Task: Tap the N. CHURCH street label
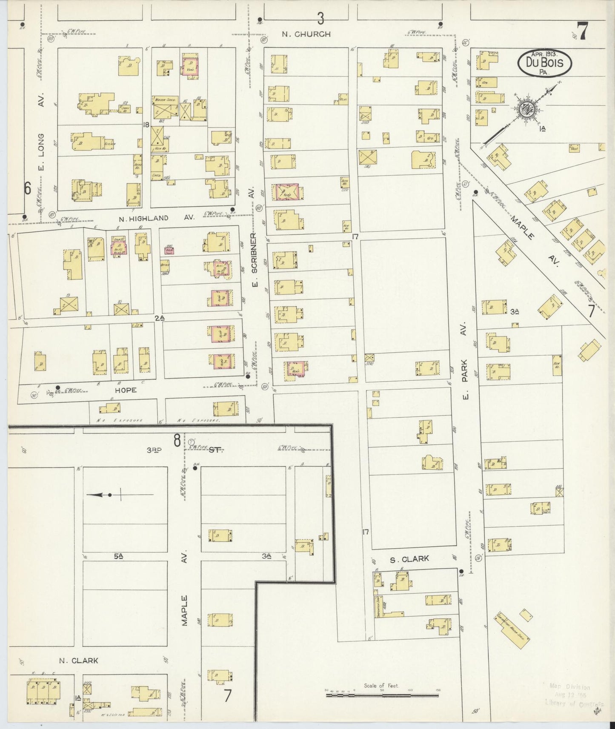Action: click(306, 34)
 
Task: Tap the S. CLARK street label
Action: click(409, 559)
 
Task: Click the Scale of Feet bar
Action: click(382, 695)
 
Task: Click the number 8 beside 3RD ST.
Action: click(176, 441)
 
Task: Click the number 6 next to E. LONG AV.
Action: click(27, 188)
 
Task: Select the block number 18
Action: click(146, 125)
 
